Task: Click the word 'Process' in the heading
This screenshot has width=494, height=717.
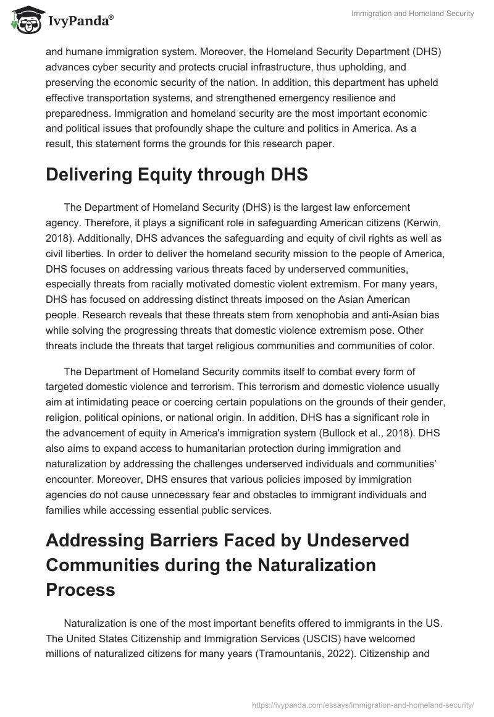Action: click(80, 589)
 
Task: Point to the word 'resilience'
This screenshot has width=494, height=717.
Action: click(345, 98)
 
